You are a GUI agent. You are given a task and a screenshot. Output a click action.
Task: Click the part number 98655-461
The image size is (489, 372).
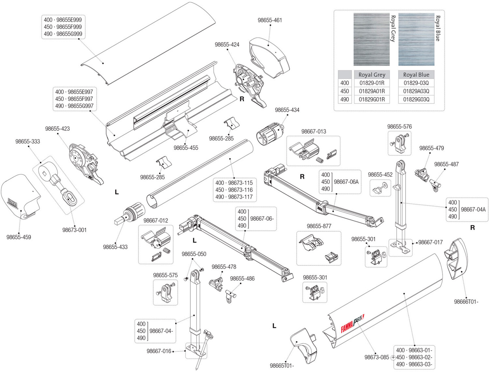point(270,20)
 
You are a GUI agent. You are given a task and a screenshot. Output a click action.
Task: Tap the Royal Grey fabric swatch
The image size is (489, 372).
point(371,39)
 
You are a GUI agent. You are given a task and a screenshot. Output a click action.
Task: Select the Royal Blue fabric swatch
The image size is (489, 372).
point(416,39)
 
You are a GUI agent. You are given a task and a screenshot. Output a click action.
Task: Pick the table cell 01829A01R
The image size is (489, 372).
point(372,91)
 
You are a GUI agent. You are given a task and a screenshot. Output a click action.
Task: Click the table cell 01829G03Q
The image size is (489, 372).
point(416,99)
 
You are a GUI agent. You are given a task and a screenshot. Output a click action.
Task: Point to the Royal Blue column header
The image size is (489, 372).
point(416,75)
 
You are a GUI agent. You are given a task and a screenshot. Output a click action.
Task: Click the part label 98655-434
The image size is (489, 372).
point(287,110)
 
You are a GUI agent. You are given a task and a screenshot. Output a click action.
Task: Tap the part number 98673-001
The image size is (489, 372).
point(74,230)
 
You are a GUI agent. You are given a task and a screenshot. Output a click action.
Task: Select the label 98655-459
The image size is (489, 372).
point(19,237)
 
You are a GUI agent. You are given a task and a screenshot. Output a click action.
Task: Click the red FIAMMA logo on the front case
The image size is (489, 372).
point(347,328)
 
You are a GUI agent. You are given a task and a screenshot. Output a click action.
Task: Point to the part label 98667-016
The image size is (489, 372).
point(159,351)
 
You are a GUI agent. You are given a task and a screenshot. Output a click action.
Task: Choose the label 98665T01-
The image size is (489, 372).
point(282,366)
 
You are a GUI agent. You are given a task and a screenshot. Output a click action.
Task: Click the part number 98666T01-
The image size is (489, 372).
point(466,302)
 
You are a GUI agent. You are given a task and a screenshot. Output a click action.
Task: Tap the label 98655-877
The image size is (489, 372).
point(319,226)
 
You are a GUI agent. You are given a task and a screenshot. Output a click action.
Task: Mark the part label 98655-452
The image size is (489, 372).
point(380,175)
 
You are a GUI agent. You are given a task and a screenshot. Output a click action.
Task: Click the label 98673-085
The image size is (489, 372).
point(377,357)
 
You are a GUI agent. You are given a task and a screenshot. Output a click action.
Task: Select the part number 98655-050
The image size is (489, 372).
point(194,254)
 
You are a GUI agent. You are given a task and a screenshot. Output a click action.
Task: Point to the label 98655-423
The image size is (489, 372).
point(57,129)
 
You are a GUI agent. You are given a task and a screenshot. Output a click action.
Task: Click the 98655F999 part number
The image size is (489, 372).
point(69,27)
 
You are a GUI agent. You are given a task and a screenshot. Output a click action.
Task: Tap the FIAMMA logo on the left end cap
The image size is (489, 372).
point(12,202)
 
